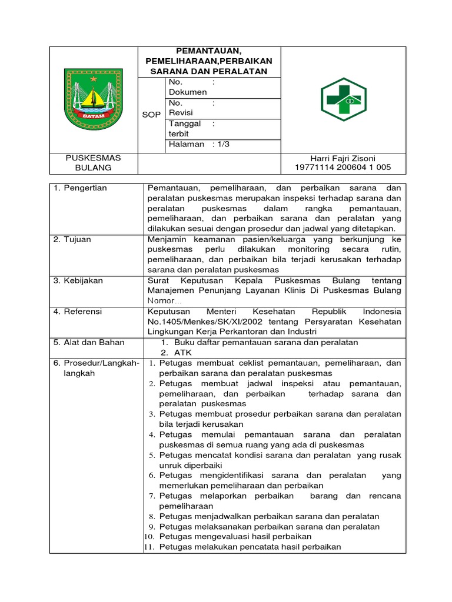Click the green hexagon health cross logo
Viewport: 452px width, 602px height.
click(x=343, y=100)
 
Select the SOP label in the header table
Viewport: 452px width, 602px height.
click(x=151, y=115)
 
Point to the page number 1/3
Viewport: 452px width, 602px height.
click(x=222, y=144)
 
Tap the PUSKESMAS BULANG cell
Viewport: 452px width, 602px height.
click(x=93, y=163)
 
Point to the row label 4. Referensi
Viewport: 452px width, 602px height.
click(x=78, y=311)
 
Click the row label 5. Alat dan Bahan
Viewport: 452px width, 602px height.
click(x=88, y=342)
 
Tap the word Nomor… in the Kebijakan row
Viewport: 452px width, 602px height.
click(x=165, y=300)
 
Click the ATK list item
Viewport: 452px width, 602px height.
click(x=182, y=353)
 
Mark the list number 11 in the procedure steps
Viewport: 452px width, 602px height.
click(x=149, y=547)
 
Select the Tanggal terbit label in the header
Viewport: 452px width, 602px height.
click(x=185, y=129)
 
